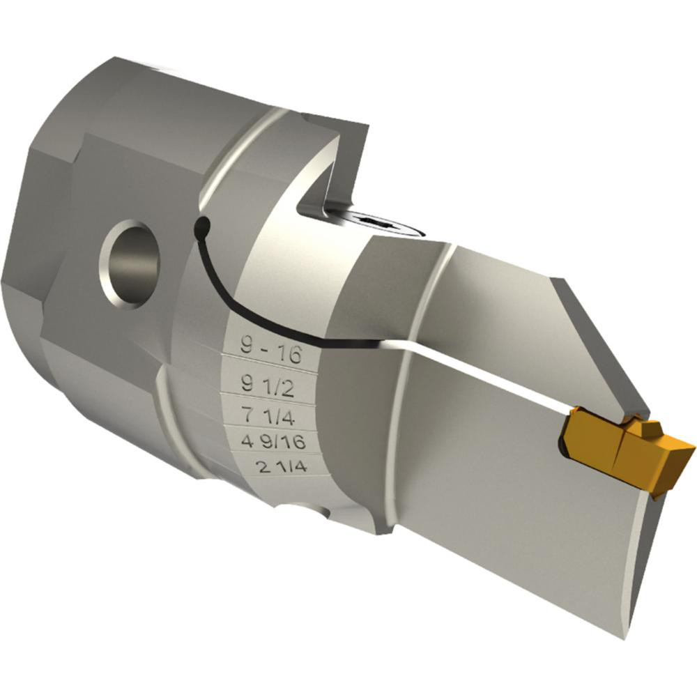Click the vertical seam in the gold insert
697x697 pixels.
618,453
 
